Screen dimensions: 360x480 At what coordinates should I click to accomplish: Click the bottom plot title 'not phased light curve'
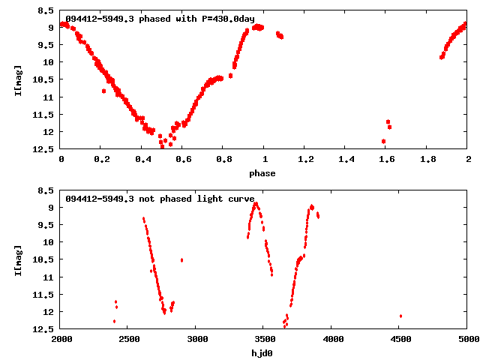click(160, 199)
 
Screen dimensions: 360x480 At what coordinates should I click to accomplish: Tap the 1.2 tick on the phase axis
click(305, 160)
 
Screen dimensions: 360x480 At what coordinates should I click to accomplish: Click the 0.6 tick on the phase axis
click(183, 160)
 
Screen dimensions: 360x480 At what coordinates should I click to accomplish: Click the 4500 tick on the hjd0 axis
click(399, 340)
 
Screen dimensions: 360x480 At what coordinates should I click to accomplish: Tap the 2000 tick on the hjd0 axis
click(60, 340)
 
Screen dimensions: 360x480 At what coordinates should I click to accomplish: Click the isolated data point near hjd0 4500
click(400, 316)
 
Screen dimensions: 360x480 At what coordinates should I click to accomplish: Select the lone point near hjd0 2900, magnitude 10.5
click(181, 260)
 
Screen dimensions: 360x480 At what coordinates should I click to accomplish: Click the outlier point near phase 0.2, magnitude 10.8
click(103, 91)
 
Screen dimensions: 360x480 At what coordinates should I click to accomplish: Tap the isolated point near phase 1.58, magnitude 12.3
click(383, 141)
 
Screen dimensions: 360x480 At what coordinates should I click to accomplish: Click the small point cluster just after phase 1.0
click(280, 34)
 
